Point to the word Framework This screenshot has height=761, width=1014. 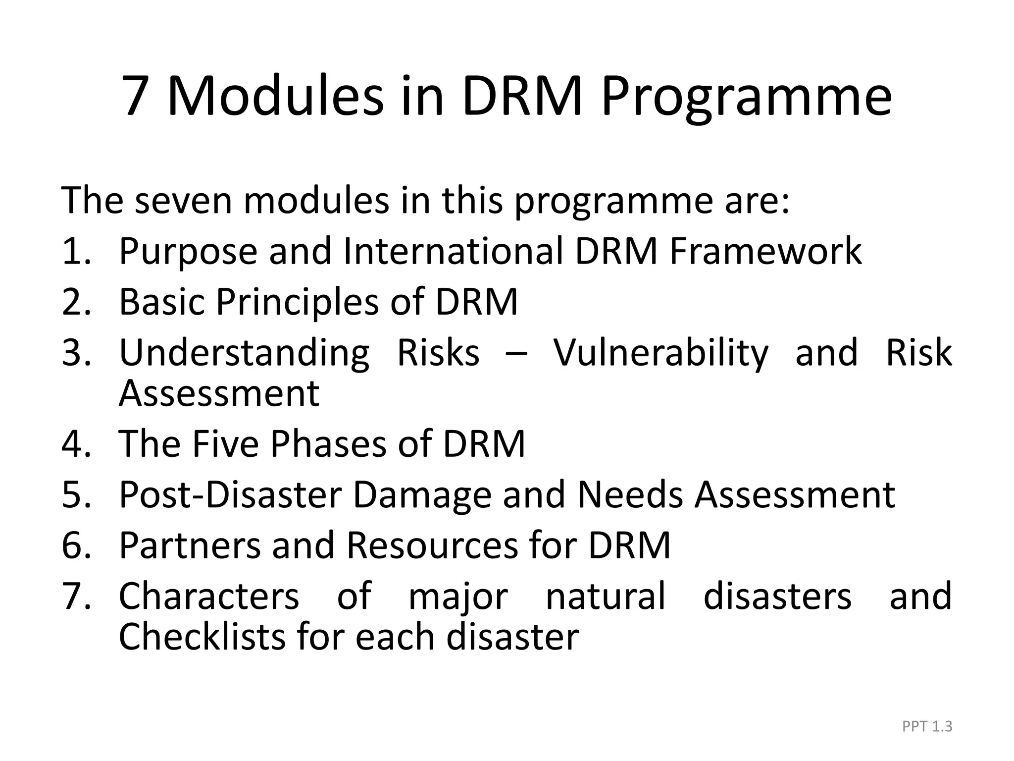point(765,251)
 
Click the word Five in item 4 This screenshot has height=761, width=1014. point(225,443)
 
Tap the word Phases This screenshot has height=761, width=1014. point(328,443)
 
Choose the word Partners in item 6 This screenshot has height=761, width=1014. point(190,545)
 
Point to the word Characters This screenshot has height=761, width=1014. point(209,596)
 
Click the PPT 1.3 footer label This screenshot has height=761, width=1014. point(927,726)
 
